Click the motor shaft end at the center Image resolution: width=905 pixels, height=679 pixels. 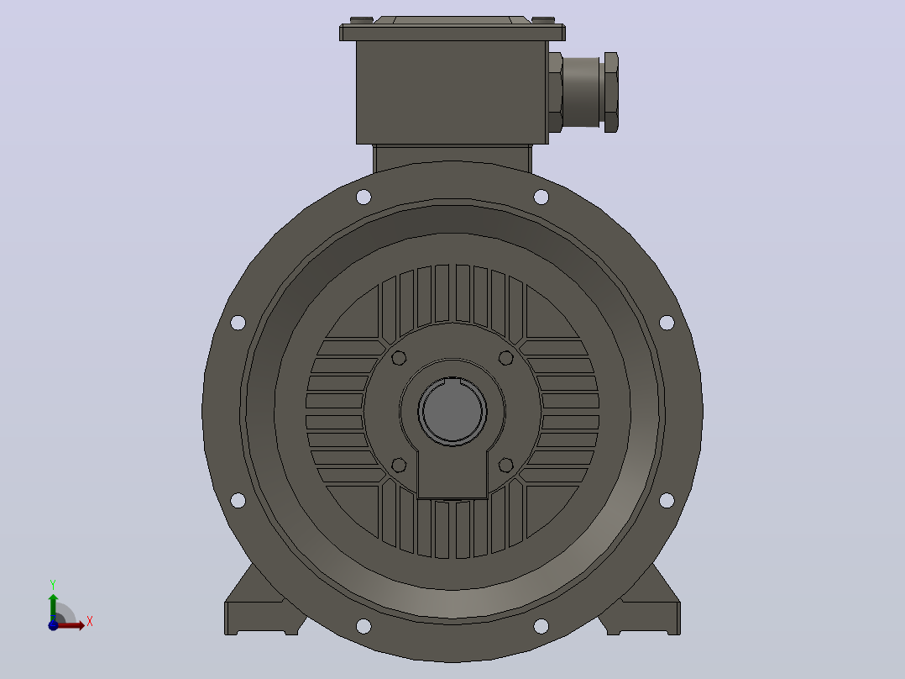pyautogui.click(x=452, y=411)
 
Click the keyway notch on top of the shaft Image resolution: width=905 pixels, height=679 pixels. pyautogui.click(x=452, y=380)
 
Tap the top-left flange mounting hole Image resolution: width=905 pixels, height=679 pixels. pyautogui.click(x=364, y=197)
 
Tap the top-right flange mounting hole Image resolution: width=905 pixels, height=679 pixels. pyautogui.click(x=541, y=197)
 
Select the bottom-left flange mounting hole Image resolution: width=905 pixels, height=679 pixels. pyautogui.click(x=364, y=626)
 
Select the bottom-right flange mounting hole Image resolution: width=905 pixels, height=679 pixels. pyautogui.click(x=541, y=626)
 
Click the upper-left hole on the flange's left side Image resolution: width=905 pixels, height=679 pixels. pyautogui.click(x=238, y=323)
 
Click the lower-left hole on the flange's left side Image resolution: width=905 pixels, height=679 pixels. pyautogui.click(x=238, y=500)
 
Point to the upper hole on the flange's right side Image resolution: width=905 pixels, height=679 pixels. pyautogui.click(x=667, y=323)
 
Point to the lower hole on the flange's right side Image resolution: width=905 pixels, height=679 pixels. pyautogui.click(x=667, y=500)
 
